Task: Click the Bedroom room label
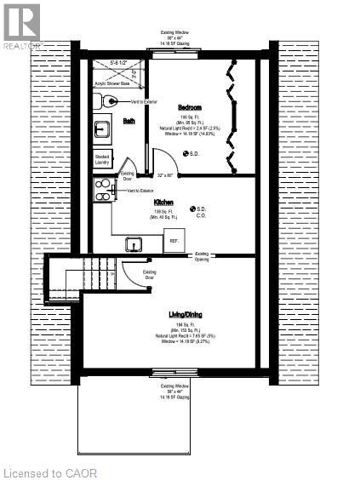click(189, 107)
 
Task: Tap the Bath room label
click(129, 121)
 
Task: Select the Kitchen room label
click(163, 203)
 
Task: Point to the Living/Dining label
click(189, 315)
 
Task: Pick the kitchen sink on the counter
click(134, 245)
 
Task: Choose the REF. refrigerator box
click(174, 241)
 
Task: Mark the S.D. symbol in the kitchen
click(192, 209)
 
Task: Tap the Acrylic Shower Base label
click(111, 84)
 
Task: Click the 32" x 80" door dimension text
click(165, 174)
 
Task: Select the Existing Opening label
click(203, 254)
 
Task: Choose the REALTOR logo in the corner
click(20, 23)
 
